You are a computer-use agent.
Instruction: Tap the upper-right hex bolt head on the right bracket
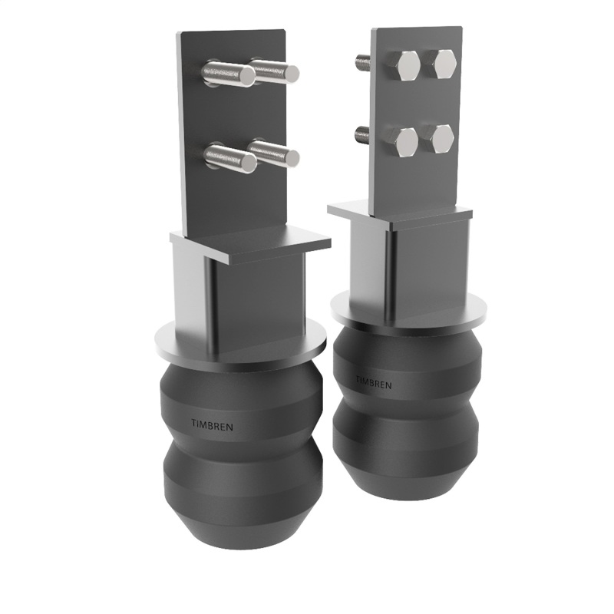click(444, 64)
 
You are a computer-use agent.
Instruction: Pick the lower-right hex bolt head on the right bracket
click(441, 138)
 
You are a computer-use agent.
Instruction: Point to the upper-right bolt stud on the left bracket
click(274, 71)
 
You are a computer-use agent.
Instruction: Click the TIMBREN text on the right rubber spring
click(373, 381)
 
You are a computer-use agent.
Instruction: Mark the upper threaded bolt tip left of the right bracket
click(361, 59)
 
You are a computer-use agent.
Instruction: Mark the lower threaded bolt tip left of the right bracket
click(361, 136)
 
